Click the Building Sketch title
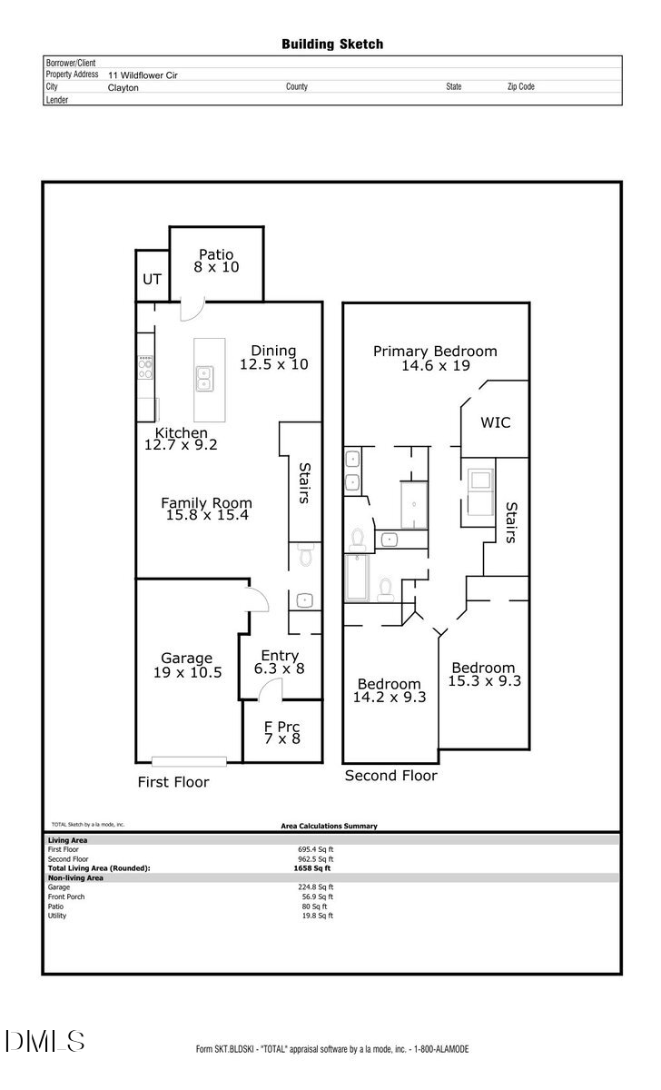tap(332, 45)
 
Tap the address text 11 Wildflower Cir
tap(143, 75)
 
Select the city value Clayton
tap(123, 87)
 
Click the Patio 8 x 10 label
tap(216, 261)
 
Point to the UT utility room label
tap(152, 280)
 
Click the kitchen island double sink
tap(205, 379)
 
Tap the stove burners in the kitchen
tap(145, 367)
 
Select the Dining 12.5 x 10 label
tap(274, 358)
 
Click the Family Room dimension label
tap(207, 509)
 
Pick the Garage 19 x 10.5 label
tap(187, 665)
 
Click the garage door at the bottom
tap(189, 761)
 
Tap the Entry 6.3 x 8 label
tap(280, 662)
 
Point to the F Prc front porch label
tap(282, 733)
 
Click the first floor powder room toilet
tap(305, 555)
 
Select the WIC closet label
tap(496, 422)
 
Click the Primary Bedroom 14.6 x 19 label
tap(435, 358)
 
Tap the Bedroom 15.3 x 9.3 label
tap(485, 674)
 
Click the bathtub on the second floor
tap(357, 578)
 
